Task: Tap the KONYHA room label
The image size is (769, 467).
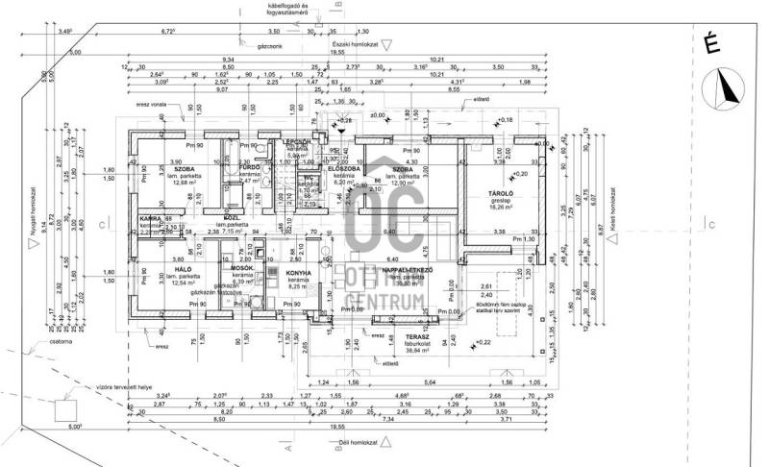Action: (x=298, y=274)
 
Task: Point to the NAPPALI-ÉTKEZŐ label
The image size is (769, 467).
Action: (x=411, y=271)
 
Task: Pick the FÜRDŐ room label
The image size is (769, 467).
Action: (x=250, y=166)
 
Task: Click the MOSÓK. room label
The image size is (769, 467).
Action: (x=242, y=268)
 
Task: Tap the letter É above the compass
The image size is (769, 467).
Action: (x=712, y=41)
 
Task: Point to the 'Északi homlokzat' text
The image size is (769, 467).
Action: (x=351, y=43)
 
